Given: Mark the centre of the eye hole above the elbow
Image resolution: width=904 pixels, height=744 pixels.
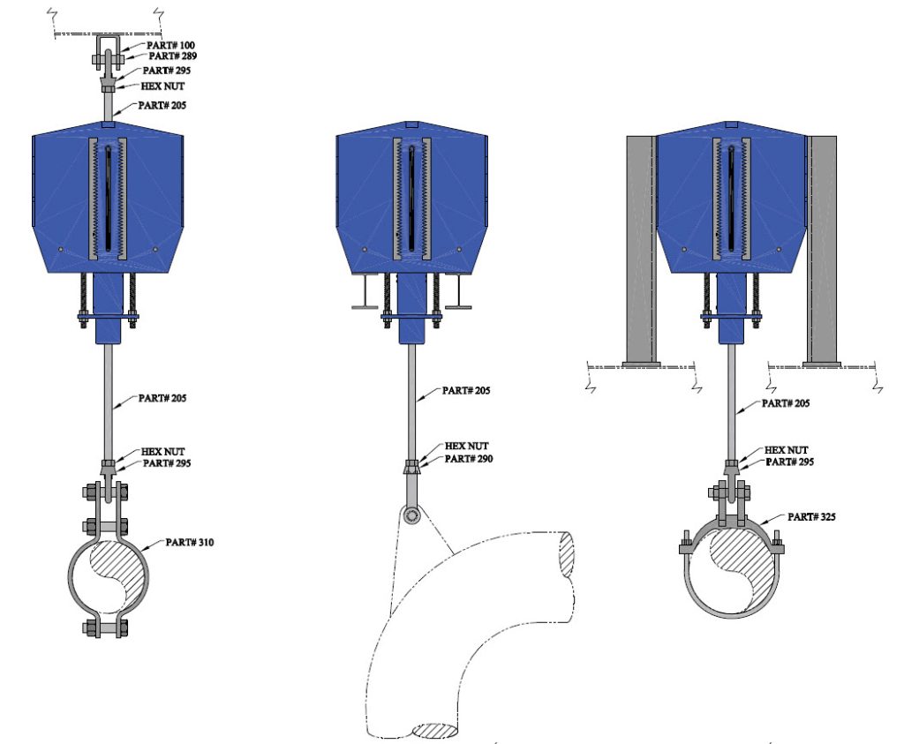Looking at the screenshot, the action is [x=411, y=515].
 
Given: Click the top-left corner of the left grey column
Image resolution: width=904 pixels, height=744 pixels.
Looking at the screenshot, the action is [x=628, y=137].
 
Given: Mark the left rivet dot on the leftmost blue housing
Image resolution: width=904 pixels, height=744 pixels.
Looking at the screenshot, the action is [x=60, y=250].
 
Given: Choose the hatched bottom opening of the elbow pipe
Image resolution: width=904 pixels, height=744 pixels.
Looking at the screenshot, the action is [x=436, y=731].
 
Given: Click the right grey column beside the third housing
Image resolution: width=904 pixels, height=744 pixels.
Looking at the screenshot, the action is [x=822, y=250].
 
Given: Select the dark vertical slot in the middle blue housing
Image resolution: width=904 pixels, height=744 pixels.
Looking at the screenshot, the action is [x=411, y=199].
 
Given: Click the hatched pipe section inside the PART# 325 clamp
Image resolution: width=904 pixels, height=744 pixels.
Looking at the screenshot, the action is [x=742, y=570].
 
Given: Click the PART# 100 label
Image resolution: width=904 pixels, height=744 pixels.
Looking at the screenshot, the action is [x=170, y=45].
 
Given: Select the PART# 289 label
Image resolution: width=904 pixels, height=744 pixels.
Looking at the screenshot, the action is [x=173, y=56].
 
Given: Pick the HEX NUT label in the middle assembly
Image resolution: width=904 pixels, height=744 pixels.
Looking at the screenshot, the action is [x=466, y=446].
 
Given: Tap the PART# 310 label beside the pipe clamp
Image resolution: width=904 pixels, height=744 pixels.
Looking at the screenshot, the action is [x=189, y=542].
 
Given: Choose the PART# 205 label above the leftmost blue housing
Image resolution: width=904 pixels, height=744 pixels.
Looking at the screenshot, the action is [x=162, y=105].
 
